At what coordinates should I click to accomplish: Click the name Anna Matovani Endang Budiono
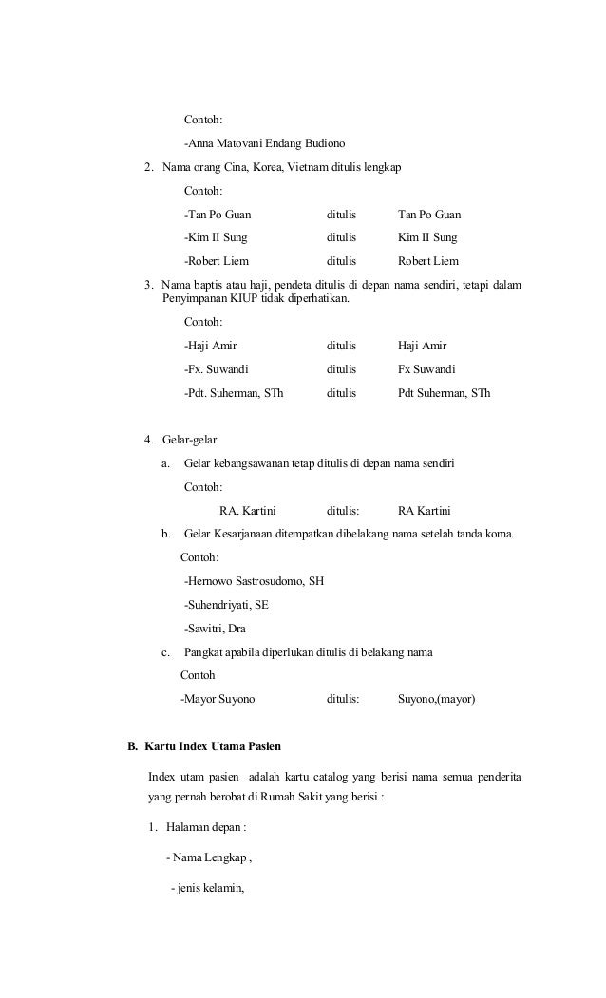click(264, 144)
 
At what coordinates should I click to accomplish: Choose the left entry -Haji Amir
click(210, 346)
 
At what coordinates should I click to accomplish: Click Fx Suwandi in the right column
click(426, 368)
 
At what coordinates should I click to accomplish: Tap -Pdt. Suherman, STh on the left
click(233, 392)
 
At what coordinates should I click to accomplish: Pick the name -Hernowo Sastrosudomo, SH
click(254, 580)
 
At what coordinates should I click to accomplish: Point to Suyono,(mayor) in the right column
click(436, 699)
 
